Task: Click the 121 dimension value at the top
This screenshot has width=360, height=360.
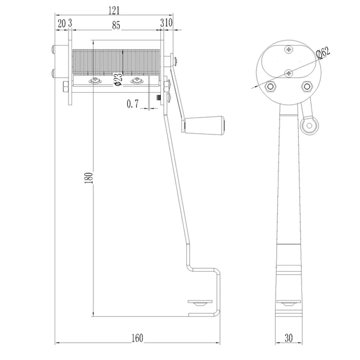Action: click(x=114, y=11)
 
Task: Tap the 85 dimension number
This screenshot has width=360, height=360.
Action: click(x=116, y=25)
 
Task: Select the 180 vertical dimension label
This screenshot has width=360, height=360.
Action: click(x=89, y=178)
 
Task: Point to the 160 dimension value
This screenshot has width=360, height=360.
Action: click(x=137, y=338)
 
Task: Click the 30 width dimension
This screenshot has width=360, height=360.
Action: click(x=289, y=338)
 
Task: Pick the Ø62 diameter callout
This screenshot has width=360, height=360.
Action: click(x=323, y=52)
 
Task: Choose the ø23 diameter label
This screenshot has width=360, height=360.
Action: click(x=118, y=79)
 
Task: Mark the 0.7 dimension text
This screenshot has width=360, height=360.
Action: click(x=133, y=103)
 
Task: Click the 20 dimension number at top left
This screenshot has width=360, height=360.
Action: click(x=61, y=24)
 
